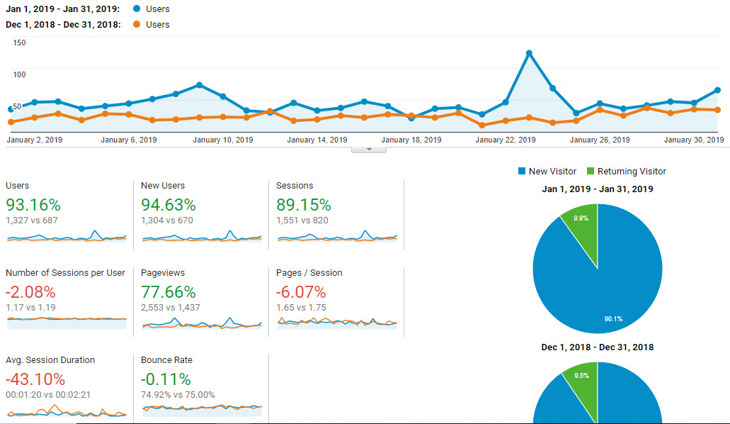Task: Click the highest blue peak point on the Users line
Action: [x=529, y=54]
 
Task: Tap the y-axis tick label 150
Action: [x=20, y=43]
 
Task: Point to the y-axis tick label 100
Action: [x=20, y=74]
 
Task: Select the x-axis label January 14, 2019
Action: [x=317, y=140]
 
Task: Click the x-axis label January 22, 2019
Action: [x=505, y=140]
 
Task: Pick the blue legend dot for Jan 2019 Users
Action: [x=137, y=9]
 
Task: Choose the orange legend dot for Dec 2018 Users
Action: [x=137, y=24]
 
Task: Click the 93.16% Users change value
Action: [x=33, y=205]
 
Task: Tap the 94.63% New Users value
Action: [x=169, y=205]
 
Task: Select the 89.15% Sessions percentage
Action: [x=304, y=205]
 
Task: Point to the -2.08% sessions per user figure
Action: [x=30, y=292]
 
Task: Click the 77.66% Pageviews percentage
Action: [x=169, y=292]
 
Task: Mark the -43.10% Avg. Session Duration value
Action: [x=35, y=379]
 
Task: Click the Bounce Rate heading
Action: [x=166, y=360]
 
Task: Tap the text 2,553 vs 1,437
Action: [x=171, y=308]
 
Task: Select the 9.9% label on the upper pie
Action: [x=581, y=218]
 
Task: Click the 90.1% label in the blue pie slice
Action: [x=614, y=319]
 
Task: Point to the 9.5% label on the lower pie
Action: [x=581, y=376]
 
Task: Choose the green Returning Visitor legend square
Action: [x=591, y=171]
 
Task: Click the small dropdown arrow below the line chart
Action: [x=369, y=150]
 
